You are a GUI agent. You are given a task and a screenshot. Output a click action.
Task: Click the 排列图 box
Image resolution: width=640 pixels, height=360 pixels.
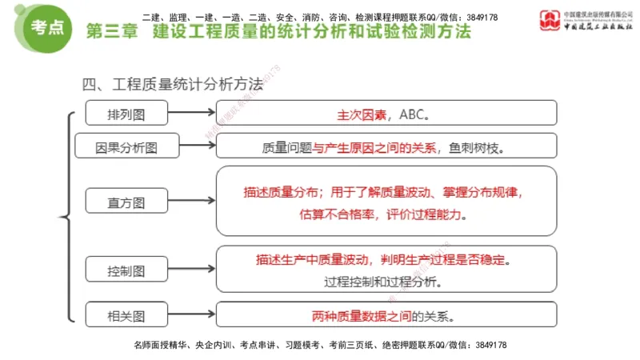pyautogui.click(x=126, y=113)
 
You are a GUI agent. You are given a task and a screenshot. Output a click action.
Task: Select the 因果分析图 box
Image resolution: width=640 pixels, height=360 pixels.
pyautogui.click(x=126, y=146)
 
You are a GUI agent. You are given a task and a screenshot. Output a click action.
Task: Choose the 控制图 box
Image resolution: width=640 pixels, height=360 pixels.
pyautogui.click(x=126, y=270)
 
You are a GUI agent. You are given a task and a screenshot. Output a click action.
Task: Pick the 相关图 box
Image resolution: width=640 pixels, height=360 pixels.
pyautogui.click(x=126, y=315)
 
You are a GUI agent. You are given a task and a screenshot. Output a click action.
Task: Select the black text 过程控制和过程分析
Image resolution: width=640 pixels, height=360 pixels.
pyautogui.click(x=382, y=282)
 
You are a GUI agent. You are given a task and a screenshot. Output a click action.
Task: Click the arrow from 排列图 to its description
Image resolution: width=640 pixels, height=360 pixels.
pyautogui.click(x=191, y=113)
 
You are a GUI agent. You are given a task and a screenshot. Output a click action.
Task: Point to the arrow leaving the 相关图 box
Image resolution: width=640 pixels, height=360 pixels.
pyautogui.click(x=191, y=315)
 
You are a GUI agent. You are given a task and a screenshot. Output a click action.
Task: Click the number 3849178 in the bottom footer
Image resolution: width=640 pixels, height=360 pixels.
pyautogui.click(x=487, y=345)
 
